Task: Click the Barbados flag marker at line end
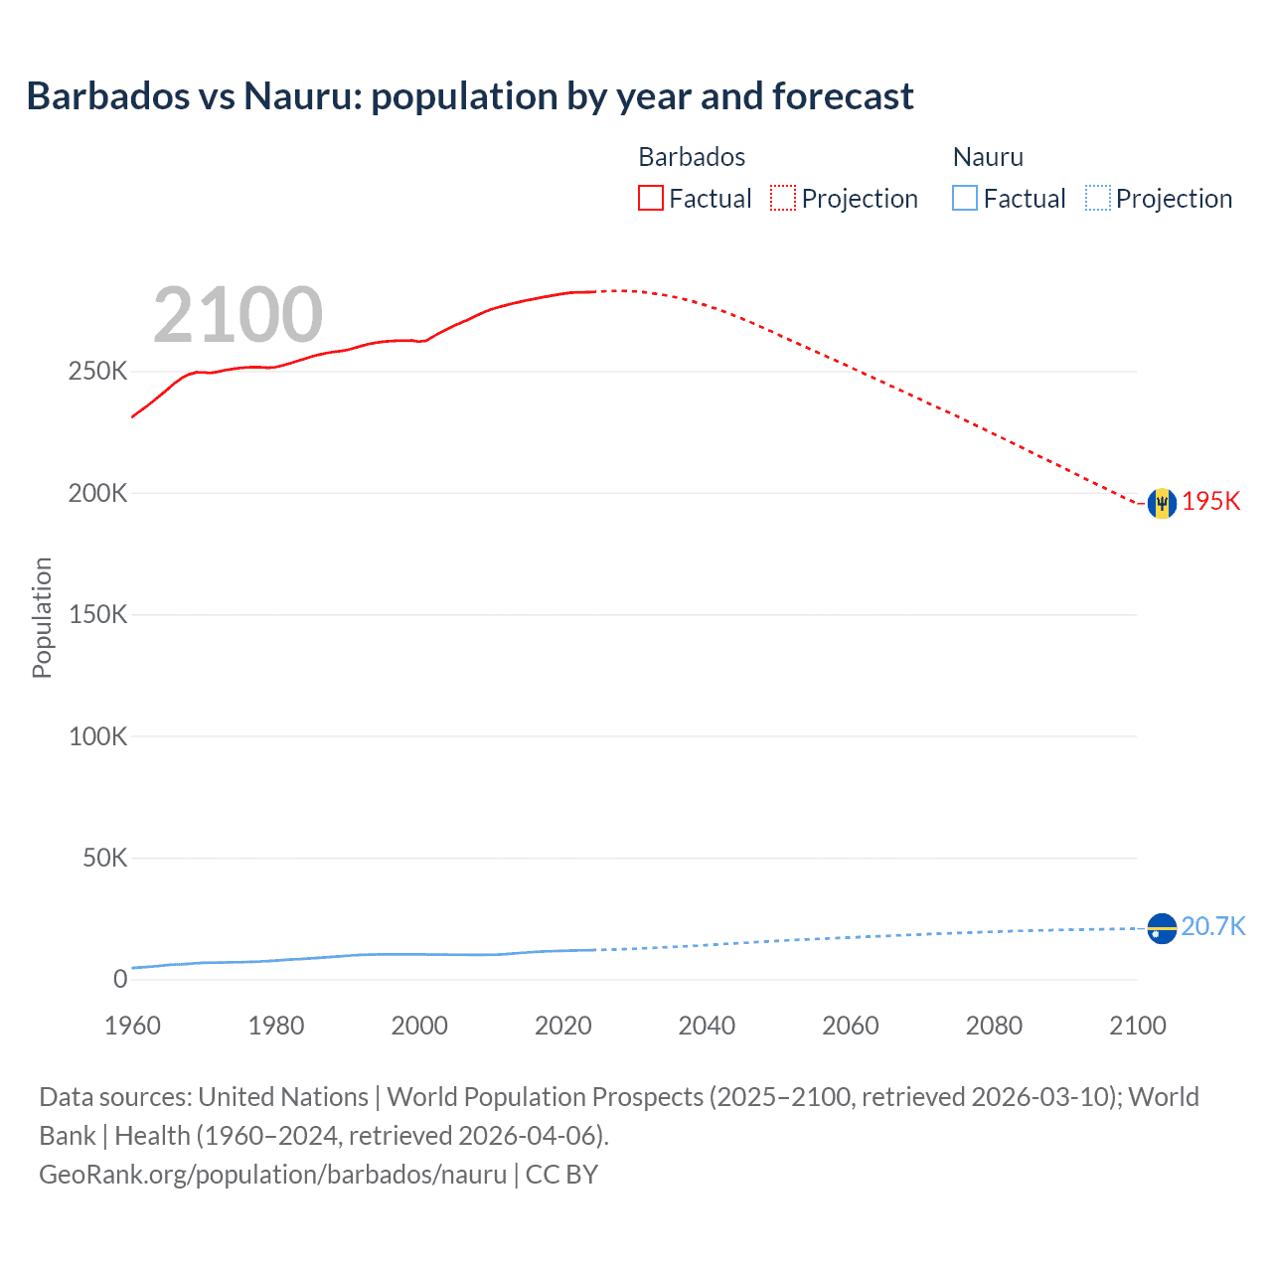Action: click(1162, 503)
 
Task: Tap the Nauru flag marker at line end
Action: click(1162, 928)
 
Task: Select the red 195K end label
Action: click(1210, 501)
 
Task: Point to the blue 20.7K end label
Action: click(1212, 926)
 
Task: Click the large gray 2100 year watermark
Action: click(238, 315)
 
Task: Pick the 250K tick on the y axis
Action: click(97, 372)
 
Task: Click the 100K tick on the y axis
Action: click(97, 736)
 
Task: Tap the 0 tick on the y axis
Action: click(120, 979)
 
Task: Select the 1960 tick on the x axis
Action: click(132, 1026)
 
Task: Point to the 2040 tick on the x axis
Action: click(707, 1026)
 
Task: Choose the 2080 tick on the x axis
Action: click(994, 1026)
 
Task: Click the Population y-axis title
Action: click(42, 617)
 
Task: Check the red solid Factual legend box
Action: click(650, 198)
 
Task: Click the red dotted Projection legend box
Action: click(783, 198)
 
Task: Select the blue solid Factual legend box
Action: click(965, 198)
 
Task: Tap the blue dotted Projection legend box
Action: click(1097, 198)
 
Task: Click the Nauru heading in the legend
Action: click(988, 157)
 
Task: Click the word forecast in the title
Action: click(843, 96)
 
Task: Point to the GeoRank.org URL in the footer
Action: click(272, 1174)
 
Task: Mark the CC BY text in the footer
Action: click(561, 1174)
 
